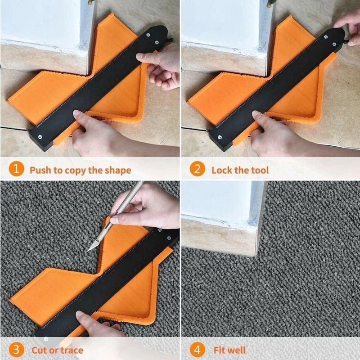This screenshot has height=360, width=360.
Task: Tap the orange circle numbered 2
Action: point(197,170)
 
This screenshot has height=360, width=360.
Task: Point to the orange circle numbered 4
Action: point(197,350)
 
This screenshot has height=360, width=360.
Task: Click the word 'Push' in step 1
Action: point(40,171)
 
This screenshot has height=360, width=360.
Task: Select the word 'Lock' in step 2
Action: point(222,171)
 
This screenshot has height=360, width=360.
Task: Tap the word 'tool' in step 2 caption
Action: point(259,171)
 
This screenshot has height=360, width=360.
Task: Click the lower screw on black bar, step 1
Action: point(40,134)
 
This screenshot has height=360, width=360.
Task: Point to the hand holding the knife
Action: point(148,207)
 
